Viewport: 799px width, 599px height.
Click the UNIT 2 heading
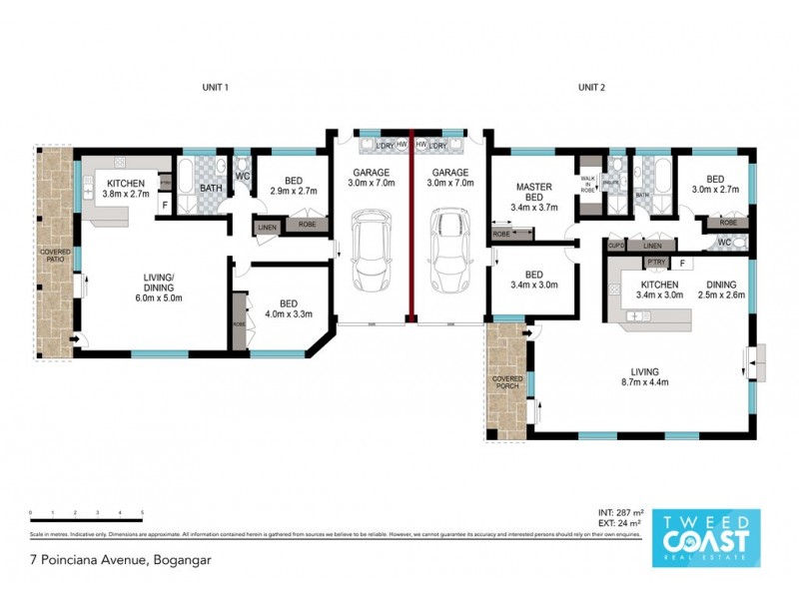point(592,88)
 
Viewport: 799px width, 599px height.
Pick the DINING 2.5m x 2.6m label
point(721,289)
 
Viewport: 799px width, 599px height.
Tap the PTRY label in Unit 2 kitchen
point(656,263)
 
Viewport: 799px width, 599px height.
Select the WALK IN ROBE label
point(587,183)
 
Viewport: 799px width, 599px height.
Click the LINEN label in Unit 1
point(267,228)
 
